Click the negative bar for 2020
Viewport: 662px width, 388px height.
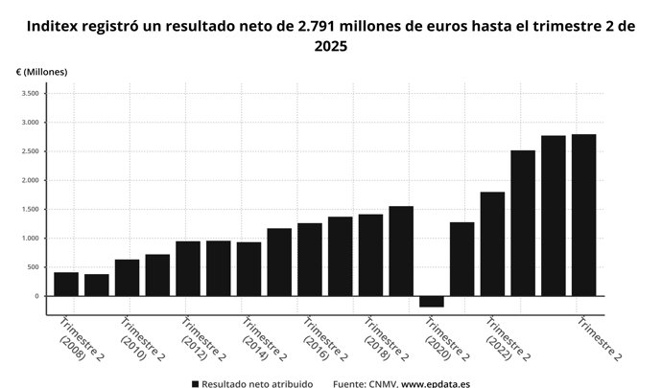click(432, 301)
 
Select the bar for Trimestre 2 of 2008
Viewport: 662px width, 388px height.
click(66, 285)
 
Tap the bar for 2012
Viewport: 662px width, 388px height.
click(188, 268)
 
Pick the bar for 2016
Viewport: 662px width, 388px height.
click(310, 260)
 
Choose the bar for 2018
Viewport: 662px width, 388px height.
click(370, 255)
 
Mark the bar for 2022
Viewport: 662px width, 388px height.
click(492, 244)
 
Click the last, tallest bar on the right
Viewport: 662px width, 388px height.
click(583, 216)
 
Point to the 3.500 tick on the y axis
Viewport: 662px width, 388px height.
click(29, 94)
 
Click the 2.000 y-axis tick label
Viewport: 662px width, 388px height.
click(29, 180)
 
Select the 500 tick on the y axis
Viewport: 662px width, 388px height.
click(33, 267)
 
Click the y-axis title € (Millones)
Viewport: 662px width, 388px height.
click(42, 73)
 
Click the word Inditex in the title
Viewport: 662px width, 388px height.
click(56, 26)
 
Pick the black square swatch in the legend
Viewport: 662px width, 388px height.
click(194, 383)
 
